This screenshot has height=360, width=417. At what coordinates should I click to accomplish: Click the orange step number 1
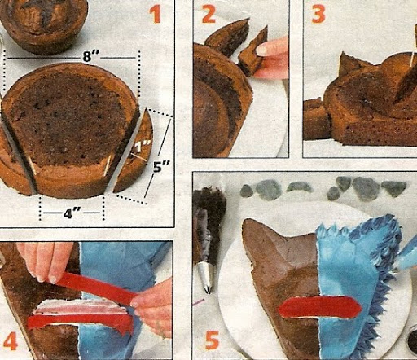[156, 15]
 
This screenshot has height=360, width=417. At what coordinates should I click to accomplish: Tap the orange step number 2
[208, 14]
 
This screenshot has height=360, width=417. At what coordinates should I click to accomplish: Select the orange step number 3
[318, 14]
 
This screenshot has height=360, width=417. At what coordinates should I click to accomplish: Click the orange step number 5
[212, 340]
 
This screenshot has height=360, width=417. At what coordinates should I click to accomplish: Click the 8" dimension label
[90, 57]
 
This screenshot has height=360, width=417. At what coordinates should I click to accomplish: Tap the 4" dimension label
[72, 213]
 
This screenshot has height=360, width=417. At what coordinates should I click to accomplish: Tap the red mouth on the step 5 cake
[320, 307]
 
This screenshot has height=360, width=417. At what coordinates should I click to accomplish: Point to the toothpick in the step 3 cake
[415, 46]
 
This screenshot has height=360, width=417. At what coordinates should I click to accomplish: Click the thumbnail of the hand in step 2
[262, 49]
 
